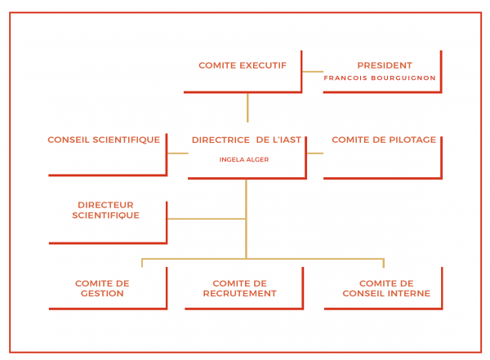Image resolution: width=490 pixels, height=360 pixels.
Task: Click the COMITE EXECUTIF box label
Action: click(x=243, y=65)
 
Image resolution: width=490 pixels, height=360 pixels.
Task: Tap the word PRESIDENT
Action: click(x=385, y=65)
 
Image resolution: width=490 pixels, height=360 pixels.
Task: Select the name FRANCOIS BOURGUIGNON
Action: click(x=380, y=78)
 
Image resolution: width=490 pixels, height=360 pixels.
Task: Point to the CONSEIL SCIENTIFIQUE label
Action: click(x=104, y=140)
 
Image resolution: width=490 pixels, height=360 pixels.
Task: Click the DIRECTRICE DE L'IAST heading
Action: click(x=247, y=140)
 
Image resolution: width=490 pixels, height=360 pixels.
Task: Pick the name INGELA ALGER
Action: click(x=244, y=160)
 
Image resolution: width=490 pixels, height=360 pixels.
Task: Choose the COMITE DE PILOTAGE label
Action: click(x=384, y=140)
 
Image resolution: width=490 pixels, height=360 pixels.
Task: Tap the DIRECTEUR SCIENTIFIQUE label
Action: click(x=105, y=210)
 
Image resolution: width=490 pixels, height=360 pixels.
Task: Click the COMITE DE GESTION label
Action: click(x=102, y=288)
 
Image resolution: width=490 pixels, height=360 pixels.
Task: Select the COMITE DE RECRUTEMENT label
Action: click(x=239, y=288)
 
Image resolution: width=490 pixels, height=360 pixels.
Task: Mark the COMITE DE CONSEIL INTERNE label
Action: click(x=386, y=288)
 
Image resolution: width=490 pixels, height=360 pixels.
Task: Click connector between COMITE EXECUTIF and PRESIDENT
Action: click(x=313, y=72)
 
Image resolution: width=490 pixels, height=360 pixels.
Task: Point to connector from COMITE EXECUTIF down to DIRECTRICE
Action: click(x=247, y=108)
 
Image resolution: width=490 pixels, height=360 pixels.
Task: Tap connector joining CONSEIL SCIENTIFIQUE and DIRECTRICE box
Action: click(x=178, y=153)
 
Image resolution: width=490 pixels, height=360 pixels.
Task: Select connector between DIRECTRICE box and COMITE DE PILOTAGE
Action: click(x=315, y=153)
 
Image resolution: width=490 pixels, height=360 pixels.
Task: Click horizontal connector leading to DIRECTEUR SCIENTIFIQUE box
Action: click(x=207, y=219)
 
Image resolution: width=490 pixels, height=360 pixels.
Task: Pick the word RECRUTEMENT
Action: click(x=239, y=293)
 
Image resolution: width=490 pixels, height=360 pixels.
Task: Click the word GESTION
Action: click(x=102, y=293)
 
